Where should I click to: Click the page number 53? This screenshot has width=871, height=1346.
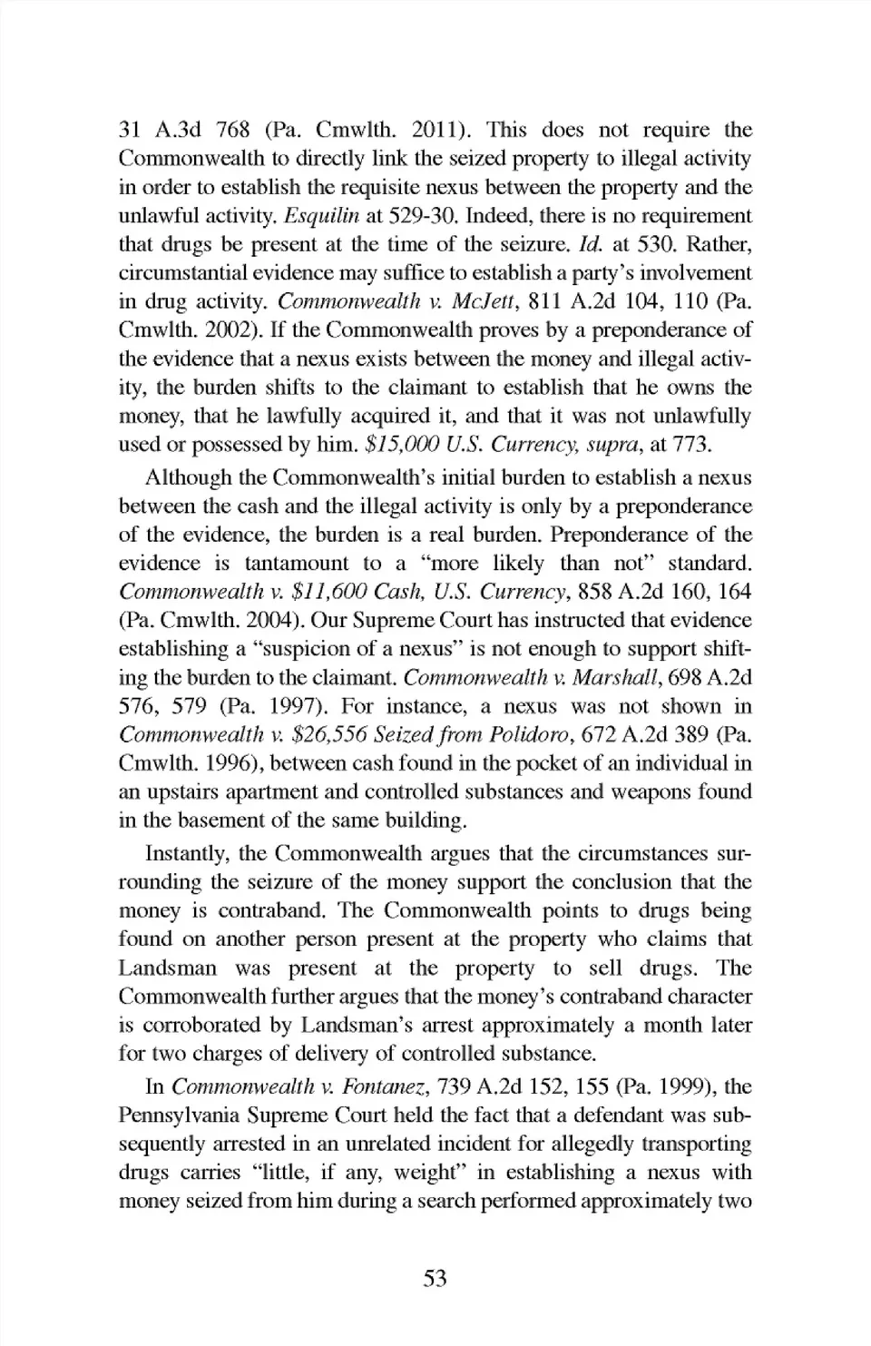pos(435,1278)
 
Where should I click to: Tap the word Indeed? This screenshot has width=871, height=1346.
pos(495,216)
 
